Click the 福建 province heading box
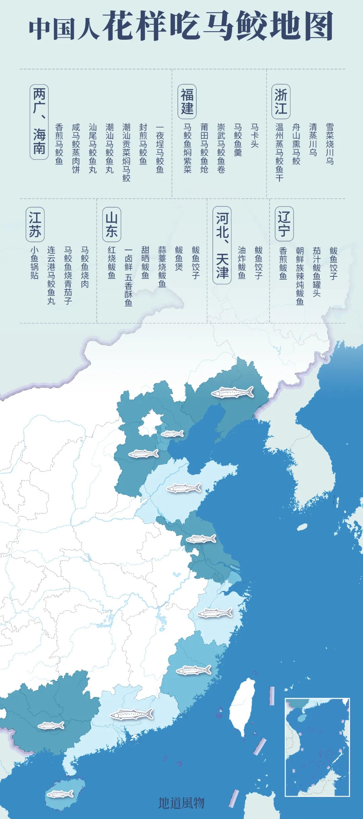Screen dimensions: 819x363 click(x=187, y=102)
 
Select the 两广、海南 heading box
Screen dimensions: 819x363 click(x=39, y=121)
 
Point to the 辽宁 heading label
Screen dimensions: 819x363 click(x=284, y=224)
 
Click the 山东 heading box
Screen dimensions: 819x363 click(x=111, y=224)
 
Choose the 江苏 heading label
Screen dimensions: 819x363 click(x=35, y=224)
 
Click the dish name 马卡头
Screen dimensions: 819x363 click(x=254, y=136)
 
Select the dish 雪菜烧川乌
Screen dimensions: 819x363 click(x=330, y=144)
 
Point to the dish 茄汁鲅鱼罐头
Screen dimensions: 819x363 click(x=316, y=271)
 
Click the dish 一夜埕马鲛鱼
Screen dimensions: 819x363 click(x=160, y=149)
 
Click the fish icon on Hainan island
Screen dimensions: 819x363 click(x=60, y=794)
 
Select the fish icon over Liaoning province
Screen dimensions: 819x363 click(x=232, y=392)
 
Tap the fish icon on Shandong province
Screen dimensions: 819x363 click(x=184, y=488)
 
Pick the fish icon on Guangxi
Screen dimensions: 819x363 click(x=51, y=725)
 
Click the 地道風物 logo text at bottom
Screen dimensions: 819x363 click(x=181, y=803)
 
